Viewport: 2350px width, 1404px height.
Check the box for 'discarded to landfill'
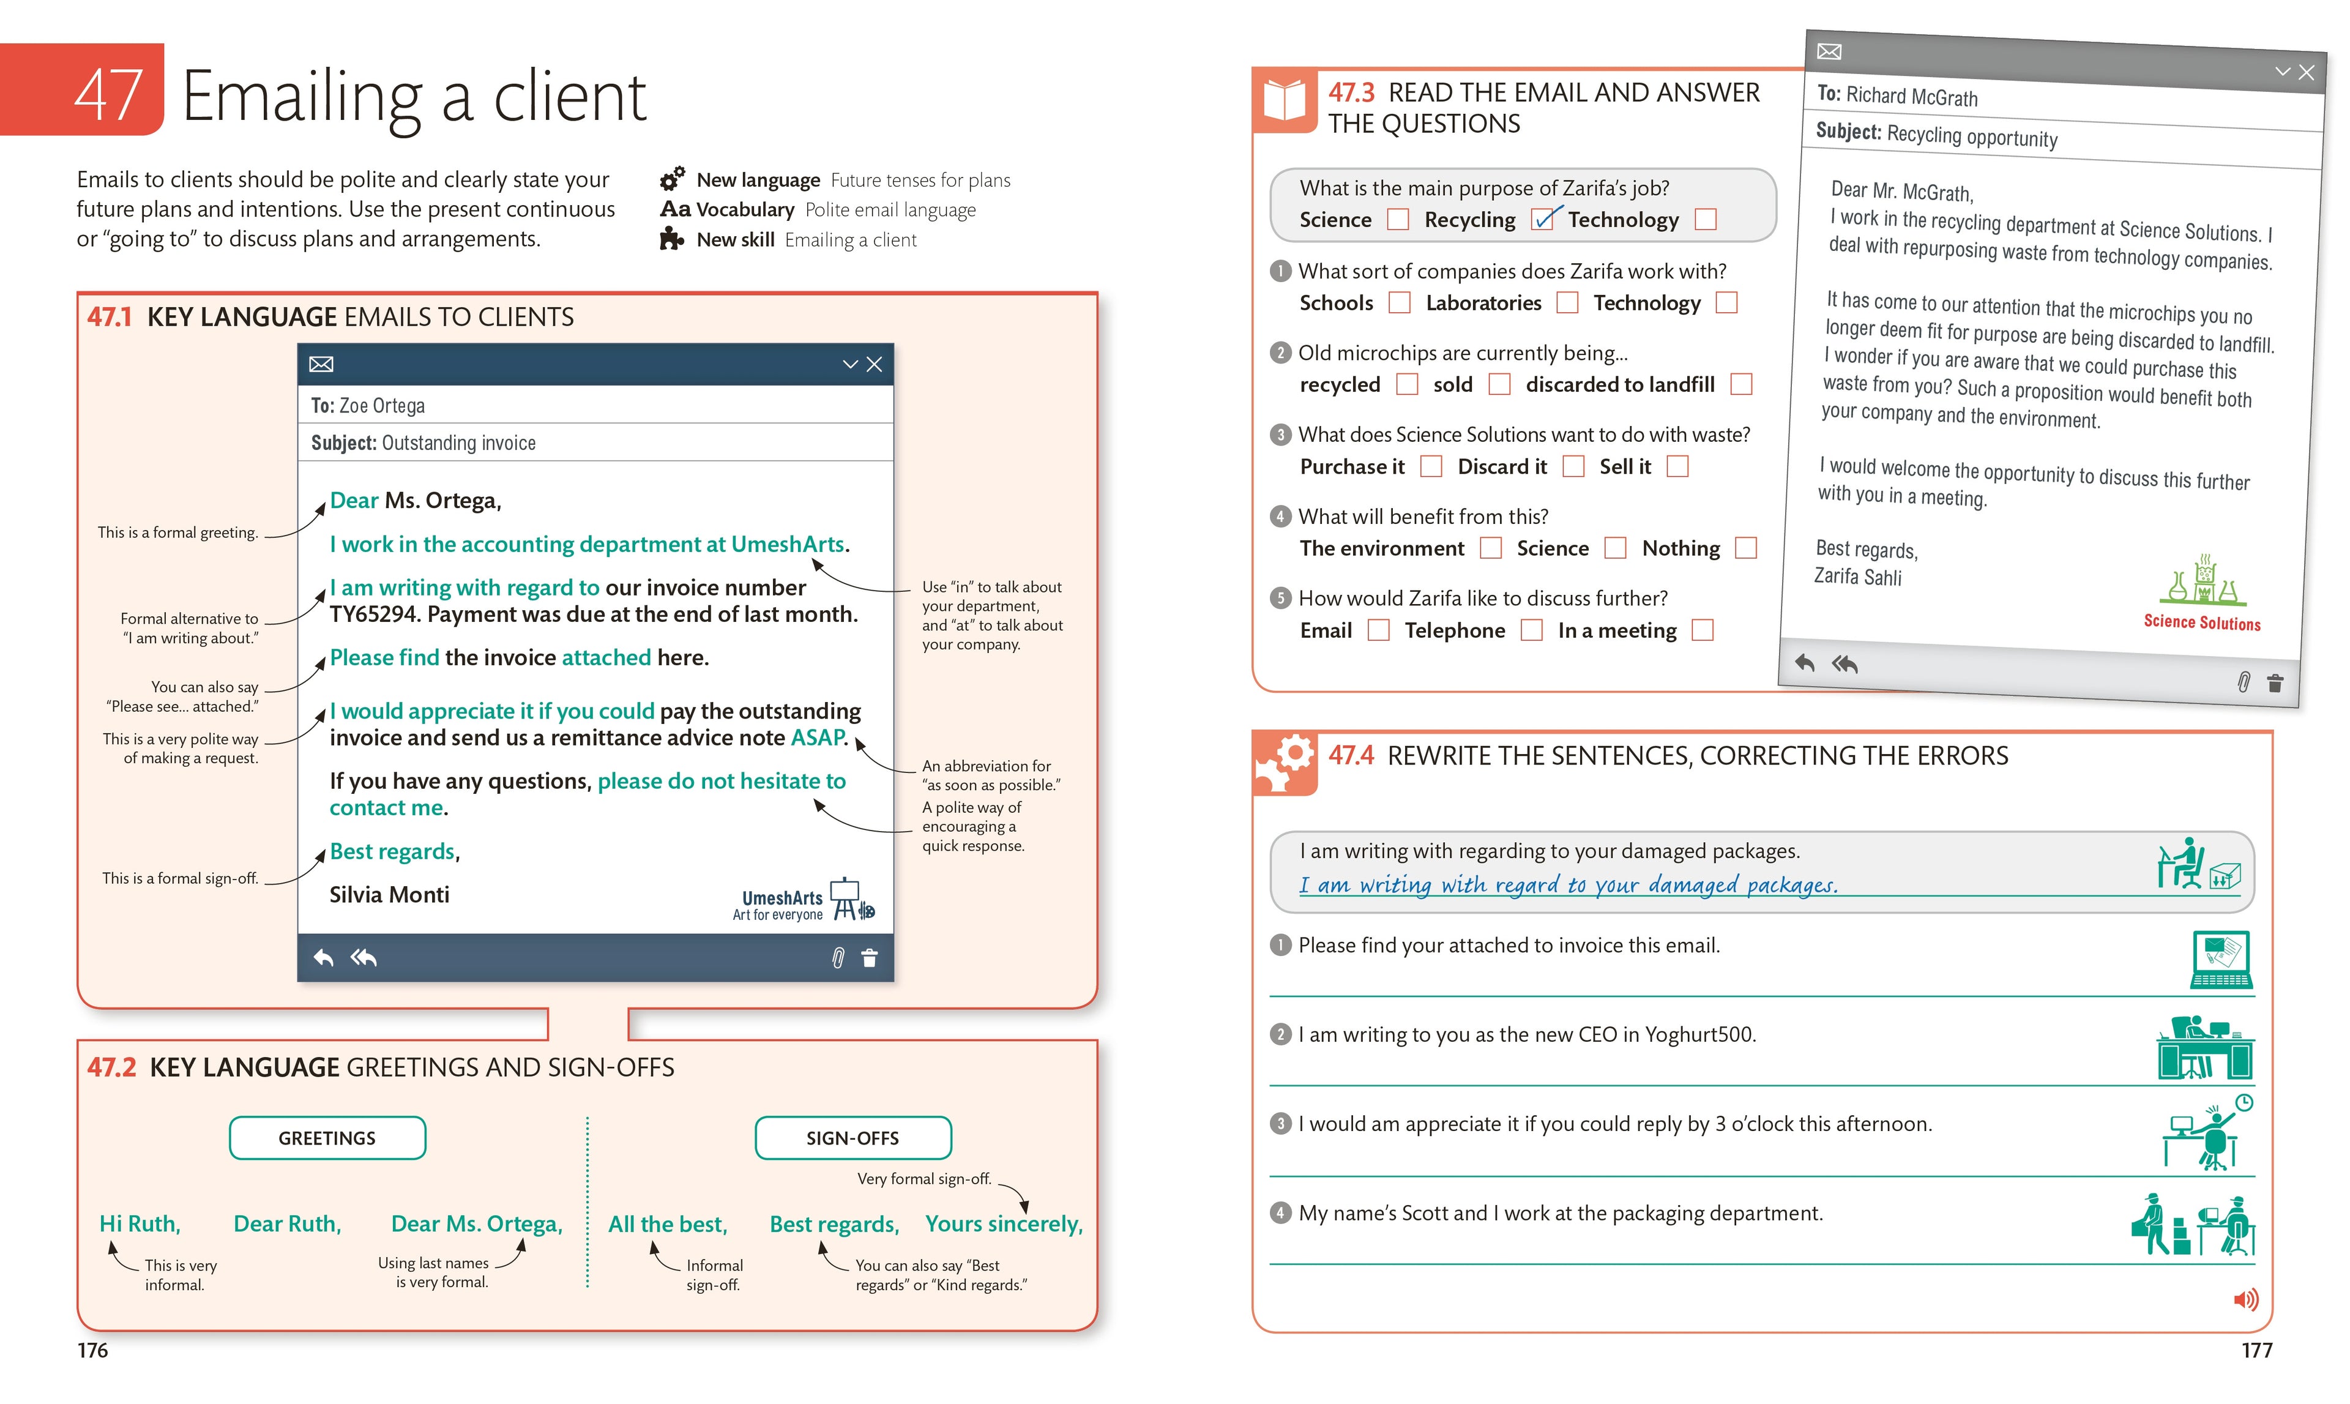tap(1740, 384)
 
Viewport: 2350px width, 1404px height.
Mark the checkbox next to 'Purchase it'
tap(1431, 466)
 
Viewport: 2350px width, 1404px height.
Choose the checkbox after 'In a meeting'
tap(1702, 630)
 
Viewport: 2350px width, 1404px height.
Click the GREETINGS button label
tap(327, 1138)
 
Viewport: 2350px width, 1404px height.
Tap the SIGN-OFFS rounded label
tap(852, 1138)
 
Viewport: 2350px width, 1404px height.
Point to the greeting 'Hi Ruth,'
tap(140, 1223)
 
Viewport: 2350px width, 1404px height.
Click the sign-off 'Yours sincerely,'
tap(1004, 1223)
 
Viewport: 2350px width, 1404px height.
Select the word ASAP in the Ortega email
tap(818, 738)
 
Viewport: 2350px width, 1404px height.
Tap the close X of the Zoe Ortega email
tap(874, 364)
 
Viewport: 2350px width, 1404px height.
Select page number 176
tap(92, 1350)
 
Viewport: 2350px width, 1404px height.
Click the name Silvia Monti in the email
tap(389, 895)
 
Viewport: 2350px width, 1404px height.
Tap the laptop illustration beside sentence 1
tap(2220, 960)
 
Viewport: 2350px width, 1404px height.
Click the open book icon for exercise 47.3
tap(1284, 99)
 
